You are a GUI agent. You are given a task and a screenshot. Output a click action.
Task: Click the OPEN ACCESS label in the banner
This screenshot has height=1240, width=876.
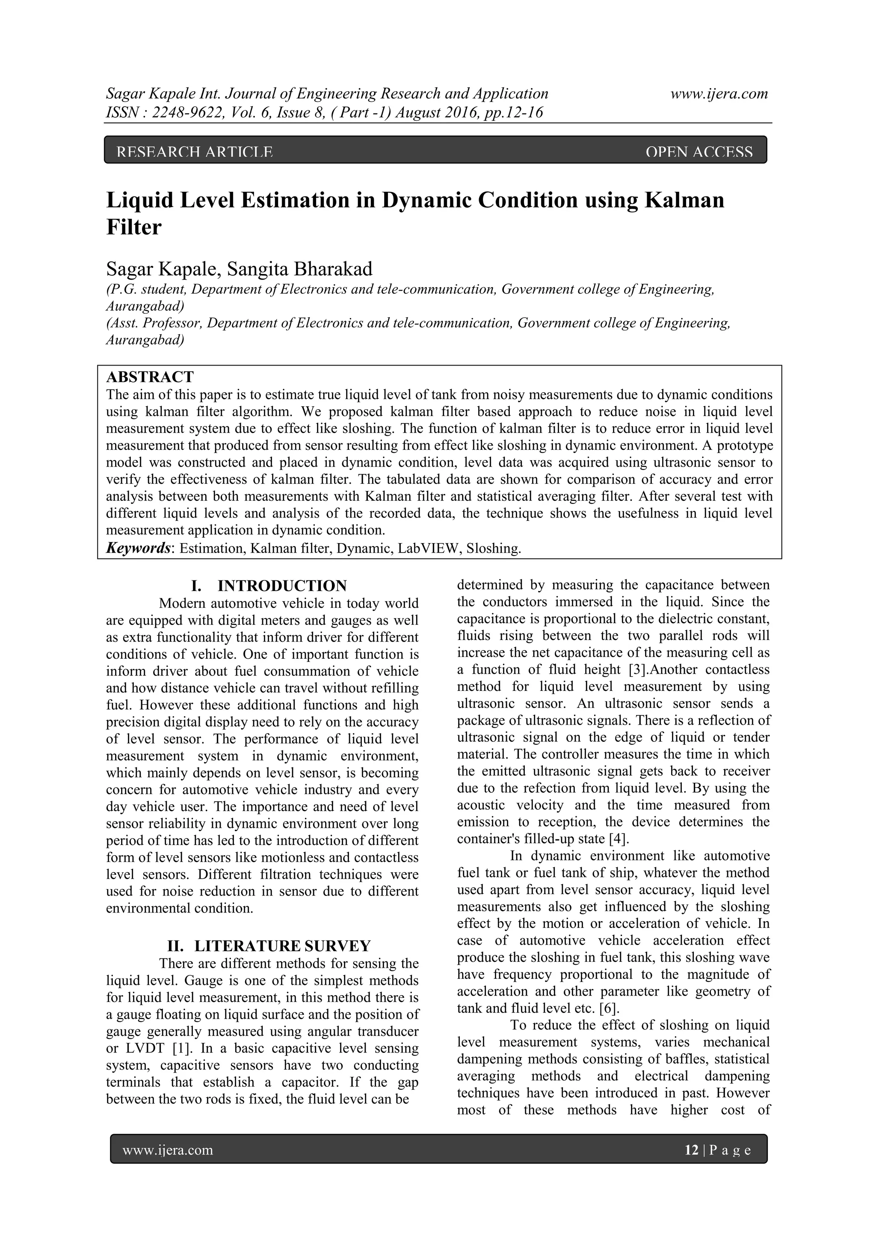tap(698, 152)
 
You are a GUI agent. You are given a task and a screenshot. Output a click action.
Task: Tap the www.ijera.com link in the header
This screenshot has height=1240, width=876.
tap(719, 94)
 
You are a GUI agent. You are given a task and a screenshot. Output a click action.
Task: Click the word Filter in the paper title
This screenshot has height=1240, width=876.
tap(134, 227)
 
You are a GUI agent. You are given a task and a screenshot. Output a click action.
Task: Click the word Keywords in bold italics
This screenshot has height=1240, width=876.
tap(138, 549)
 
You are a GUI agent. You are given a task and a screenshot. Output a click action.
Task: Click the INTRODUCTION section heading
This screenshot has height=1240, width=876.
tap(282, 586)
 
